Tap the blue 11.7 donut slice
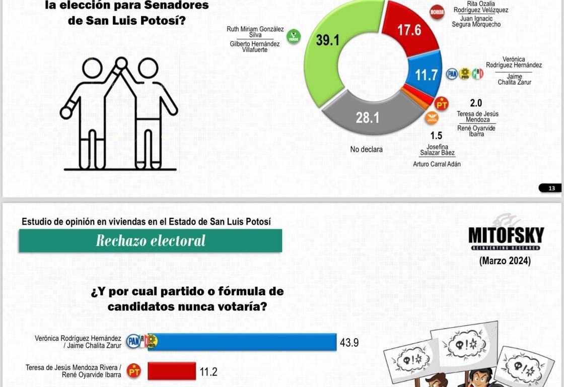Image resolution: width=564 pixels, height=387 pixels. [426, 75]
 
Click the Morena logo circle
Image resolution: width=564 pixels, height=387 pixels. [437, 12]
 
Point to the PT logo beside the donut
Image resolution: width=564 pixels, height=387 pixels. [442, 104]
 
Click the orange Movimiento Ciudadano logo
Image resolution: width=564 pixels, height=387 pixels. [432, 118]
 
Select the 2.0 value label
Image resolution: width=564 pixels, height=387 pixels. [476, 103]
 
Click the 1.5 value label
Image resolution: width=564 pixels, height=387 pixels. [436, 136]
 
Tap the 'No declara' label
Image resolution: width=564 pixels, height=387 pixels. [366, 150]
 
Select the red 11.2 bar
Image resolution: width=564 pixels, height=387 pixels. [171, 371]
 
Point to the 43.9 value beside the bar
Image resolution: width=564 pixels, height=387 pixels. [349, 343]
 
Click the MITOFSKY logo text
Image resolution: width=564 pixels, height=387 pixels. [506, 235]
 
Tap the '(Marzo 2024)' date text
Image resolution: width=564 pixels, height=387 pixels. [505, 261]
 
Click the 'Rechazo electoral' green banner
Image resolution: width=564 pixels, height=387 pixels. [151, 241]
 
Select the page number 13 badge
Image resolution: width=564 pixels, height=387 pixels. [550, 188]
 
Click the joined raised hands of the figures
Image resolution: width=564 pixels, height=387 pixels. [121, 63]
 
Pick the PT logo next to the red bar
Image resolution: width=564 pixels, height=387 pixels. [134, 371]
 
